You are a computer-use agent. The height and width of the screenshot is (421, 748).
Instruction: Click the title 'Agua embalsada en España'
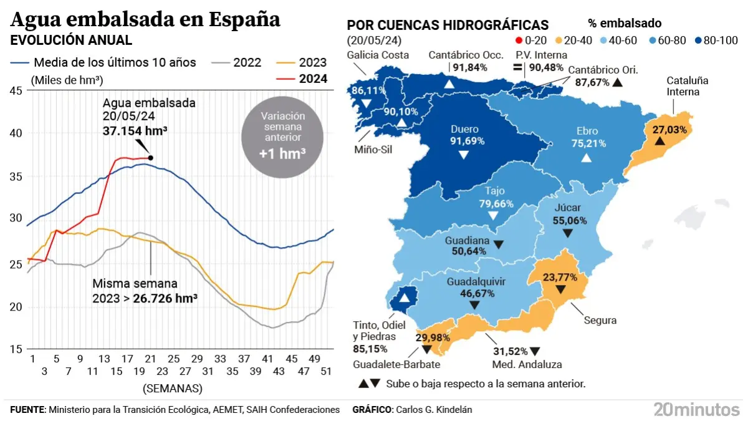146,20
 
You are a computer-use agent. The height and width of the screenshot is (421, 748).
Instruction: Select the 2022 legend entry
237,62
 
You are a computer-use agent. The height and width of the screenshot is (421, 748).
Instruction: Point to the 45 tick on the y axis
16,91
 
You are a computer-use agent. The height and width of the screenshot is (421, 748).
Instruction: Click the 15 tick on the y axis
16,349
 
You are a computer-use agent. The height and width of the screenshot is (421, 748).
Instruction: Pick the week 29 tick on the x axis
197,359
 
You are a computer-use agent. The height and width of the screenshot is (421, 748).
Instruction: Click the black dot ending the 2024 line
150,158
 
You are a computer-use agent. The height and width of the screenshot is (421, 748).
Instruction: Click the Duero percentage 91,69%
463,142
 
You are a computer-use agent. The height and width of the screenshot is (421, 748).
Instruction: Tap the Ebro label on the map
587,131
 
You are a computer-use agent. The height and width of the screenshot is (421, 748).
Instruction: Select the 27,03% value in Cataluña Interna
670,130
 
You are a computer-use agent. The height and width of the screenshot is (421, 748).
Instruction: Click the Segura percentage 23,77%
559,277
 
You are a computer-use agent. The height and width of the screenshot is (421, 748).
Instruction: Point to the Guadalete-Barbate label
396,365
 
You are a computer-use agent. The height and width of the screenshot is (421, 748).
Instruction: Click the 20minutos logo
695,410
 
